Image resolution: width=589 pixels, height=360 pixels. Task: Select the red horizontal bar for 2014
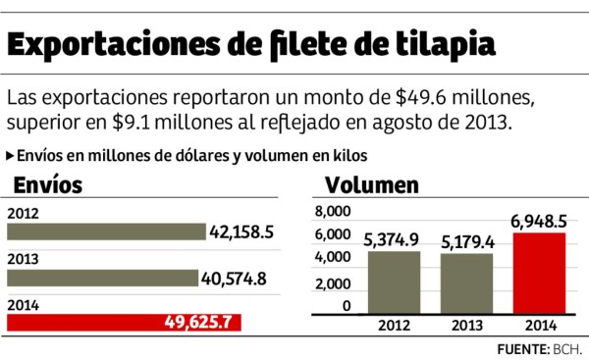tap(124, 323)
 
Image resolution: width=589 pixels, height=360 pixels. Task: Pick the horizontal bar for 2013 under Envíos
tap(102, 278)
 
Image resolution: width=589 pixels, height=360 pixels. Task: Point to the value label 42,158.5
tap(253, 231)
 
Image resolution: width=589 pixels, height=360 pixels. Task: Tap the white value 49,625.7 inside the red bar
tap(191, 323)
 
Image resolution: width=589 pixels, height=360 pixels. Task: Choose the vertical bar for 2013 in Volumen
tap(466, 284)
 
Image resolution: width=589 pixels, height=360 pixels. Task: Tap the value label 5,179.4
tap(466, 240)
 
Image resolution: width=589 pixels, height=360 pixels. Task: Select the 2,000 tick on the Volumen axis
tap(332, 283)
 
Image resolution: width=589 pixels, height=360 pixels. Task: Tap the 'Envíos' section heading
tap(46, 184)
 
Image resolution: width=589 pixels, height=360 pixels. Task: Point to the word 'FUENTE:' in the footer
tap(517, 348)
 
